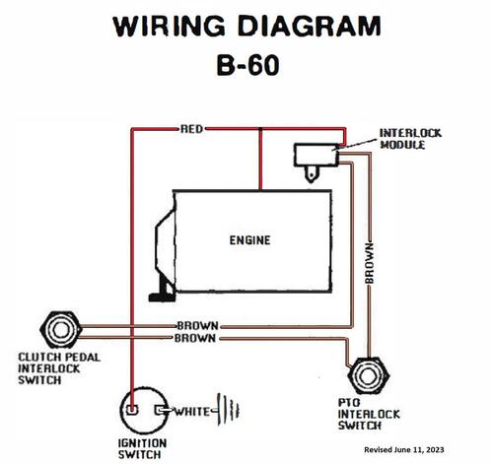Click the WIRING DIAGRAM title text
[246, 27]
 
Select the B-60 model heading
[248, 65]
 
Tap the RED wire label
[192, 129]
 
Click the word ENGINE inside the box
[249, 240]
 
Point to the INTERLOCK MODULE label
[410, 139]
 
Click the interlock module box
[317, 155]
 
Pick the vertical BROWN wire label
[370, 263]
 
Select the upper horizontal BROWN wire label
[198, 326]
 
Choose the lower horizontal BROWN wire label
[195, 338]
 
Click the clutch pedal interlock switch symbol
[61, 330]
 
